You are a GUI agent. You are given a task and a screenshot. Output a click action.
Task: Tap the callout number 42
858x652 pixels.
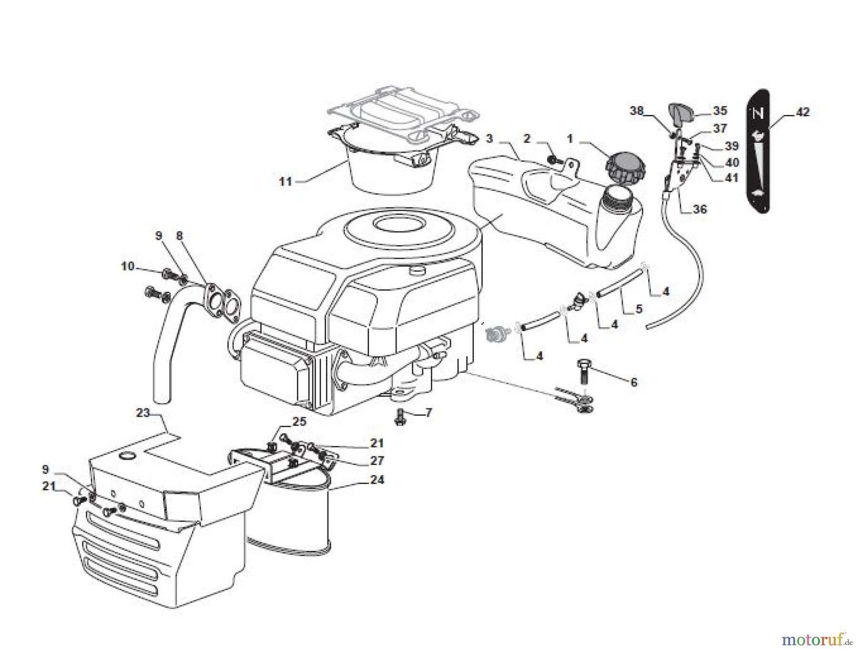pos(802,112)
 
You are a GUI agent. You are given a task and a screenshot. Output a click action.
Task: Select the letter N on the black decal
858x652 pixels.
pos(758,114)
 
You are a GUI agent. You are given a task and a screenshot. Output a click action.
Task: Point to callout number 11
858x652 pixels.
pos(285,182)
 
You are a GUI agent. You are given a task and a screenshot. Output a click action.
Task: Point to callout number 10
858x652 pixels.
pos(127,266)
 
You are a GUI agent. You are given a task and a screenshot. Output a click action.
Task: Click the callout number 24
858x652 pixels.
pos(377,479)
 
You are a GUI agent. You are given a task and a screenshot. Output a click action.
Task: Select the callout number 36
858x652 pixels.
pos(699,209)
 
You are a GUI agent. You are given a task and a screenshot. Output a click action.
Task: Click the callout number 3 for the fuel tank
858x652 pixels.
pos(489,139)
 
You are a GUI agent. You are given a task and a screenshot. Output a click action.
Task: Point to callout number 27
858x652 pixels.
pos(377,461)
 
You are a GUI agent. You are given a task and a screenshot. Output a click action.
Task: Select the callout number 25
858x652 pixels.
pos(299,422)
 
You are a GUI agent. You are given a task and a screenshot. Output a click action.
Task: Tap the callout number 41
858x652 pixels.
pos(731,178)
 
